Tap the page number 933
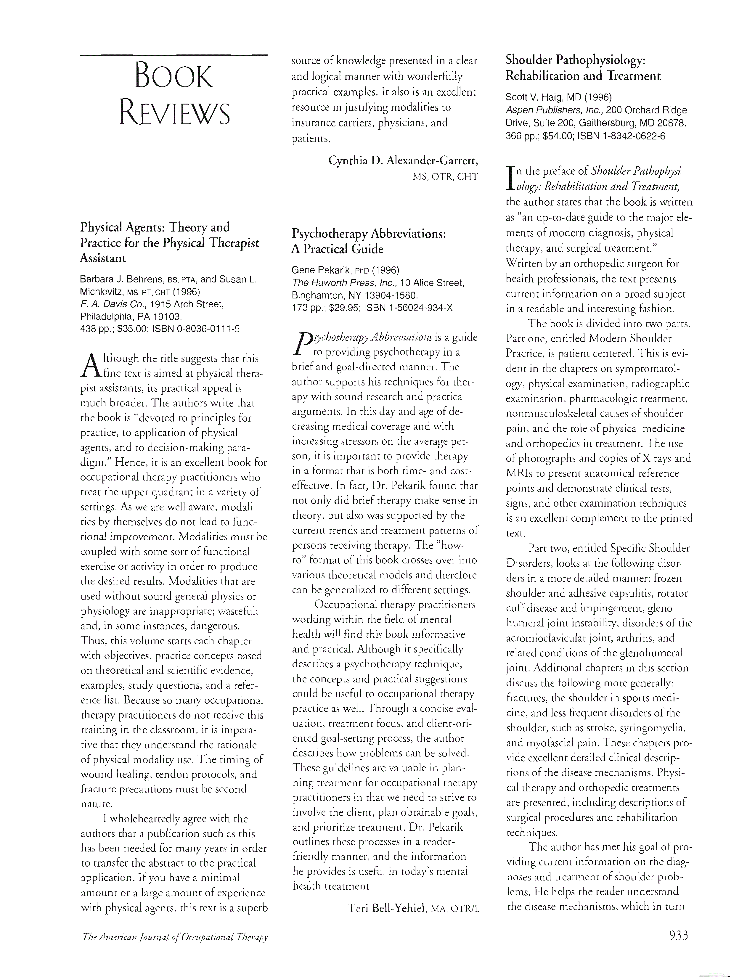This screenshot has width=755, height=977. click(678, 935)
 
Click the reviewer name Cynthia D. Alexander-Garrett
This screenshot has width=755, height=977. click(403, 160)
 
